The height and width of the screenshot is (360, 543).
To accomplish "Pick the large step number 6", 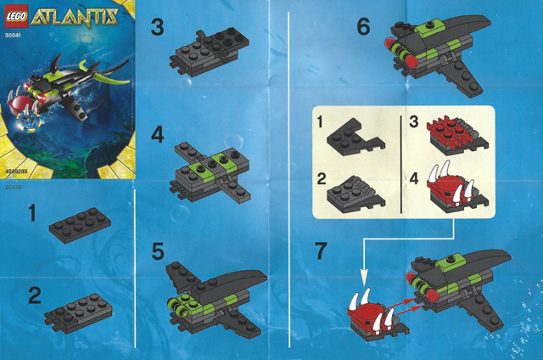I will pyautogui.click(x=363, y=28).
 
